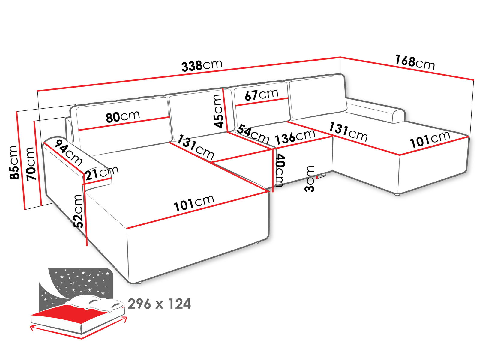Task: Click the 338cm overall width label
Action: [x=202, y=65]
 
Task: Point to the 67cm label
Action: [x=261, y=94]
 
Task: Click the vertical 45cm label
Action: [x=218, y=111]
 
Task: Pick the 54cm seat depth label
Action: [x=253, y=134]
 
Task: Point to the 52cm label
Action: [x=78, y=211]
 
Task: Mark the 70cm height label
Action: [x=31, y=163]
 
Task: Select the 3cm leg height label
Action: [x=310, y=179]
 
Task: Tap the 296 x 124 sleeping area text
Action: [x=159, y=304]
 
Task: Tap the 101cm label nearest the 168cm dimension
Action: [x=430, y=139]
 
